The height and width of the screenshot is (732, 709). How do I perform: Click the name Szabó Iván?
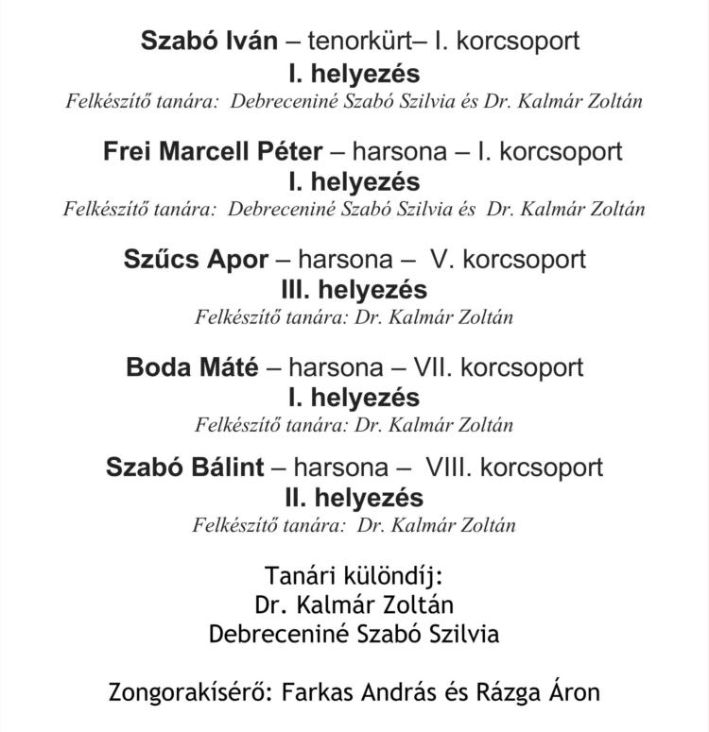tap(209, 42)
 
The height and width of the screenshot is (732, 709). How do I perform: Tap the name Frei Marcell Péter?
tap(213, 151)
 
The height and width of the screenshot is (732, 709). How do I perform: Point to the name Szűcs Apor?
tap(196, 260)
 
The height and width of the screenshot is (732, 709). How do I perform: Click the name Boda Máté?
tap(192, 367)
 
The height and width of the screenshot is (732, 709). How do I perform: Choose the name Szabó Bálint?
tap(185, 468)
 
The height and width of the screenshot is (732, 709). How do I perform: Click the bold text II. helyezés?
tap(354, 497)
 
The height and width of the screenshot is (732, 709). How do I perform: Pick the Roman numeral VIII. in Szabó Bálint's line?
tap(450, 468)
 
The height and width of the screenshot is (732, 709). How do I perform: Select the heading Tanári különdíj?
tap(354, 576)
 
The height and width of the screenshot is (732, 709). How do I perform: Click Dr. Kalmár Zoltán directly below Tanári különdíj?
tap(354, 604)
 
